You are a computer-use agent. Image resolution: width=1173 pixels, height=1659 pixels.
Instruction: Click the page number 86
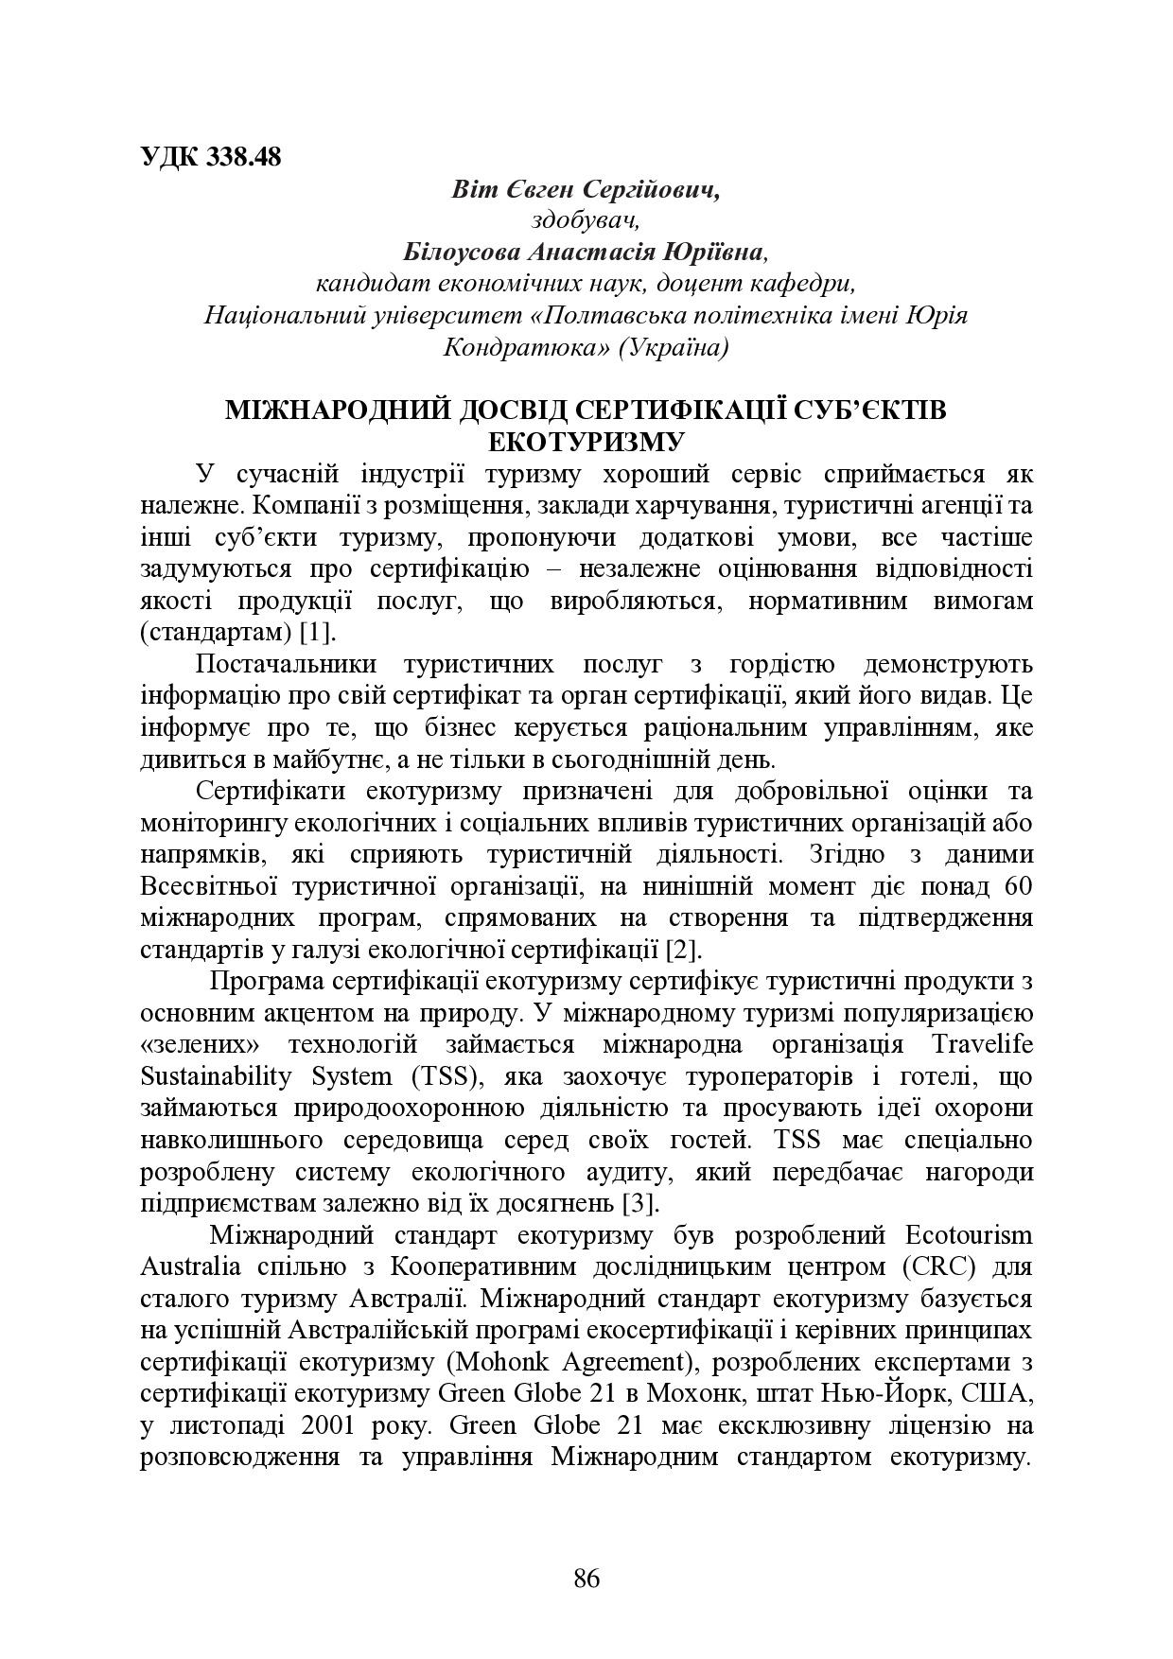click(x=586, y=1578)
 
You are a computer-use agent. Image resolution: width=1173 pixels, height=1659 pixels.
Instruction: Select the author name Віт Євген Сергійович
click(x=586, y=189)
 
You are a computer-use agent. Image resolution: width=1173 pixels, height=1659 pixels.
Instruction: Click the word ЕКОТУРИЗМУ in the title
click(x=586, y=441)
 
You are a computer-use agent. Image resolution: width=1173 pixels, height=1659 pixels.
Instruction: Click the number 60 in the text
click(x=1015, y=886)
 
